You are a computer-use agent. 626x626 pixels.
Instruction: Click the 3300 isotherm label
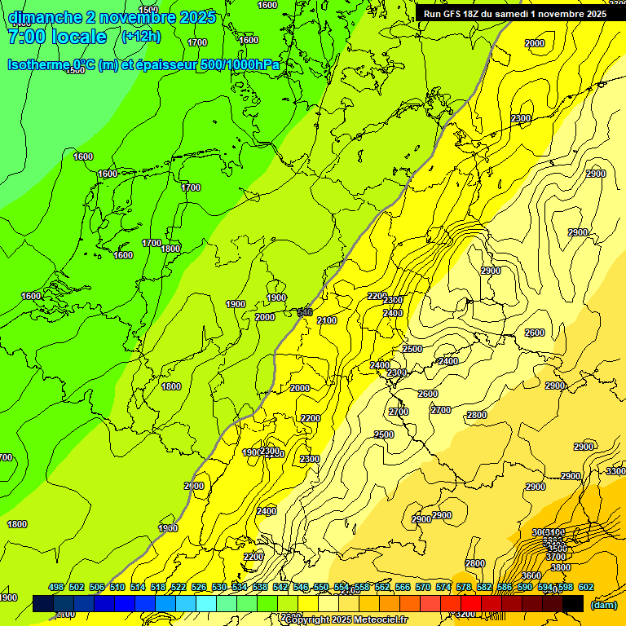tap(616, 471)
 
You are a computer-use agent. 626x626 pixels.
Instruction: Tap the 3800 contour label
tap(560, 567)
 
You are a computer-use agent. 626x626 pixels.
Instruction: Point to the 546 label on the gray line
tap(305, 312)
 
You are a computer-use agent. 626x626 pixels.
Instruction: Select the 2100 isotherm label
tap(327, 320)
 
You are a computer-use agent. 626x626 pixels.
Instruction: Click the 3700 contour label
tap(558, 558)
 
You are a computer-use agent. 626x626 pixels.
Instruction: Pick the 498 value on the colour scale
tap(56, 587)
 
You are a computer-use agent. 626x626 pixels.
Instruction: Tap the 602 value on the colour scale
tap(586, 587)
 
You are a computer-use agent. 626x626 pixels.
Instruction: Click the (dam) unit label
tap(602, 604)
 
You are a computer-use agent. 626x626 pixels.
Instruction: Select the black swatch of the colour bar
tap(573, 603)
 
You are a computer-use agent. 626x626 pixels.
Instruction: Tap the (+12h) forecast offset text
tap(141, 36)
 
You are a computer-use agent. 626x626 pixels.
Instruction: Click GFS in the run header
tap(456, 14)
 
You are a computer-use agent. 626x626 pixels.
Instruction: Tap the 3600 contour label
tap(531, 575)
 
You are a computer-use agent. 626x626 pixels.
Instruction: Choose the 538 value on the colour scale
tap(260, 587)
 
